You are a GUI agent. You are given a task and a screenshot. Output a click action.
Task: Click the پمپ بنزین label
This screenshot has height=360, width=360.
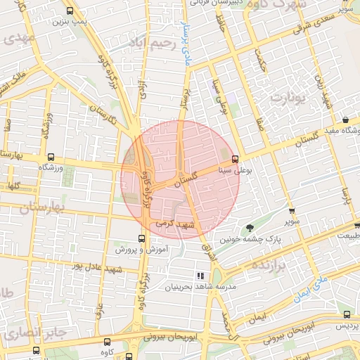(x=68, y=22)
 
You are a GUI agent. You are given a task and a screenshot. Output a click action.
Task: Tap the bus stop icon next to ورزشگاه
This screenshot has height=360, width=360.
(x=50, y=157)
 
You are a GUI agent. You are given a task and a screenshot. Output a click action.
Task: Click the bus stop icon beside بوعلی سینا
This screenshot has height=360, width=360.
(x=235, y=159)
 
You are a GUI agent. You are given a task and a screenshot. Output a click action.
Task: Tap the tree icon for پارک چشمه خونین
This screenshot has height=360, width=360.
(x=250, y=227)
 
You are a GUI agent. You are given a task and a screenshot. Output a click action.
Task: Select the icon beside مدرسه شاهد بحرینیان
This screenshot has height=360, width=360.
(x=200, y=276)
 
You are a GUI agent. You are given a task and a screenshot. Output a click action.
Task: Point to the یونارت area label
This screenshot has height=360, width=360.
(x=296, y=96)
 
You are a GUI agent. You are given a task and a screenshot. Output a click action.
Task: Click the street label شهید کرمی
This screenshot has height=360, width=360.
(x=174, y=225)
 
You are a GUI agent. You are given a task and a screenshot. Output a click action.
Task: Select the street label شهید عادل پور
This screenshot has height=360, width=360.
(x=98, y=269)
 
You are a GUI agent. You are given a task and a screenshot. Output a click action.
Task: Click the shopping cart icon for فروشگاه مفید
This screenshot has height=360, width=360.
(x=347, y=120)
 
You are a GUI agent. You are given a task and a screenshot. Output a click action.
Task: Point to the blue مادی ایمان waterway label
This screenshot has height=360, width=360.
(x=313, y=290)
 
